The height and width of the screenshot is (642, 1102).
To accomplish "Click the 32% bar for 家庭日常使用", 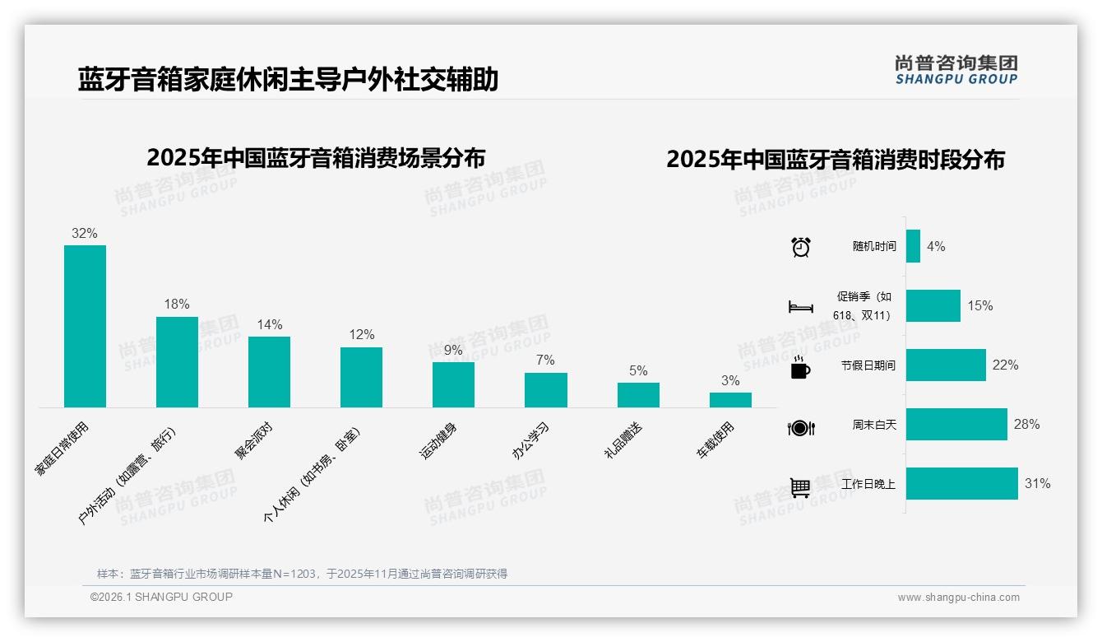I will pos(85,326).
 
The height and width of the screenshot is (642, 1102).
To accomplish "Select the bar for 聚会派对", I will pos(269,371).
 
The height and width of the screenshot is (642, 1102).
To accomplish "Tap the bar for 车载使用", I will pos(730,400).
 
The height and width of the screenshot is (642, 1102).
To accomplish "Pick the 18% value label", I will pos(177,305).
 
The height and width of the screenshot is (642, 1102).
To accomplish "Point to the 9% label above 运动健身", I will pos(453,351).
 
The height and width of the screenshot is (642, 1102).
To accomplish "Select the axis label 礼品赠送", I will pos(623,440).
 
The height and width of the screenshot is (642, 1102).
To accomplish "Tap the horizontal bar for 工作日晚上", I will pos(961,484).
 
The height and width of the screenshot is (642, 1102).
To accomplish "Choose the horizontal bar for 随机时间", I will pos(913,246).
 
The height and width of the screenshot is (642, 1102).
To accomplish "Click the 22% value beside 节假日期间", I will pos(1005,365).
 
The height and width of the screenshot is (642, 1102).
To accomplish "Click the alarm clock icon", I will pos(800,247).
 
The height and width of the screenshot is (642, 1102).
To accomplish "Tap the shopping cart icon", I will pos(800,487).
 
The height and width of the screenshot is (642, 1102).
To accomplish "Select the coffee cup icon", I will pos(800,368).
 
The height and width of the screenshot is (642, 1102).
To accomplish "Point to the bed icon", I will pos(800,307).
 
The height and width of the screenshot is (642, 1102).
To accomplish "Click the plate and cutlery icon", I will pos(800,428).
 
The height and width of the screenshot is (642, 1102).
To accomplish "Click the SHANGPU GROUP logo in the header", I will pos(956,70).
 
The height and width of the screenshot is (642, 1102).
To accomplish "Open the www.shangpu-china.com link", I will pos(958,598).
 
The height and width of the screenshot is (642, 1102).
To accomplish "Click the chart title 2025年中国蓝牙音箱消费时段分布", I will pos(836,160).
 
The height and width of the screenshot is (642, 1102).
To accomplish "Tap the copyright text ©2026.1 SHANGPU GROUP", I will pos(161,598).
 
